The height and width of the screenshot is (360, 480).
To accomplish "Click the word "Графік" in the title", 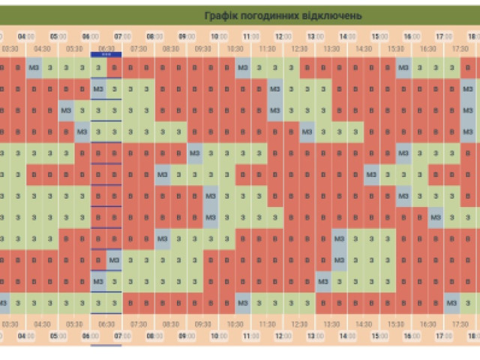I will click(x=221, y=16).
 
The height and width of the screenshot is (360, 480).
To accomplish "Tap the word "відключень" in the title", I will click(x=335, y=16).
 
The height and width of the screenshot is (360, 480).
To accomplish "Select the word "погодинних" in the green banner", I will click(x=274, y=16).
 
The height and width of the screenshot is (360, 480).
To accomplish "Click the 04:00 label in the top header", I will click(x=26, y=36).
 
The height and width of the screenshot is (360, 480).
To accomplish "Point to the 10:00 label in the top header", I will click(x=219, y=36).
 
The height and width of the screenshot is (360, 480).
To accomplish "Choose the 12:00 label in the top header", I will click(x=283, y=36).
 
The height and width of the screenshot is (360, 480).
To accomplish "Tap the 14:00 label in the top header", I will click(x=348, y=36).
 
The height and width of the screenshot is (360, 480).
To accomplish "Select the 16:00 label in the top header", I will click(x=412, y=36).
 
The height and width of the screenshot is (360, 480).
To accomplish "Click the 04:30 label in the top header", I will click(x=42, y=49).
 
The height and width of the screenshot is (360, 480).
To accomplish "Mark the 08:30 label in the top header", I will click(x=171, y=49).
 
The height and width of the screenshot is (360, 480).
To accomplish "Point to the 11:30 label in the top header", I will click(x=268, y=49).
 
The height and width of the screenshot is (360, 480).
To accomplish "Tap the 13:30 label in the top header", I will click(x=332, y=49).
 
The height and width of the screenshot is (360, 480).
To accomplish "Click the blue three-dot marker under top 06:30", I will click(x=106, y=55).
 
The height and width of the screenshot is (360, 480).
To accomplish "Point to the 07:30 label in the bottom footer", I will click(x=139, y=325).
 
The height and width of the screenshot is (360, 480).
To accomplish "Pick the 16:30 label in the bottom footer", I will click(x=428, y=325).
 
